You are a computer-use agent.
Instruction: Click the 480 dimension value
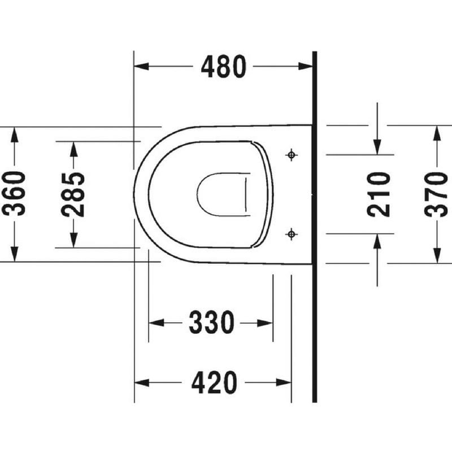224,67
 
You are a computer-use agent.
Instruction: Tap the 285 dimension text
73,194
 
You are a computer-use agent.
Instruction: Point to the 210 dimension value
379,194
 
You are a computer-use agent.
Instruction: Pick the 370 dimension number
436,194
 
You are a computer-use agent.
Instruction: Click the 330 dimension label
211,322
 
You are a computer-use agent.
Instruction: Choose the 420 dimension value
214,383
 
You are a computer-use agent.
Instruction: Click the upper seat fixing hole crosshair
292,155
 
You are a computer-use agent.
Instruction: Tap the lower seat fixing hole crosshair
292,234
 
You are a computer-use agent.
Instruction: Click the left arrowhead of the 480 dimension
142,66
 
